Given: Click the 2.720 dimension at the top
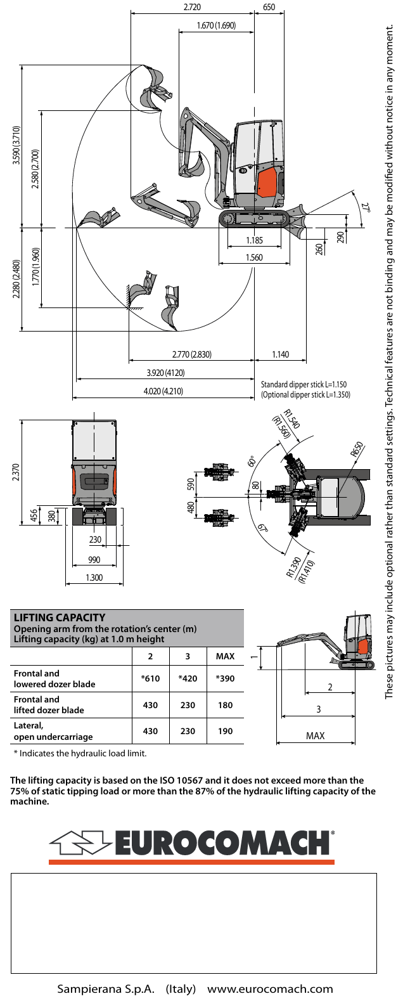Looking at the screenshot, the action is tap(192, 7).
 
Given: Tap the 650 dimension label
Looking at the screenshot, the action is tap(269, 7).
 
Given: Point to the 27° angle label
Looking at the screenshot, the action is tap(366, 207).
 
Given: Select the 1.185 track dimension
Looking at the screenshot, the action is tap(254, 240).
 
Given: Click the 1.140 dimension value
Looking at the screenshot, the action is tap(280, 354).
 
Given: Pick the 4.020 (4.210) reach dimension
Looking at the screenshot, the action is tap(163, 391).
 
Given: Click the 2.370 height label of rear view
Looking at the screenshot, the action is tap(16, 472).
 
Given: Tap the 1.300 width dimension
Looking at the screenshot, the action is tap(94, 578).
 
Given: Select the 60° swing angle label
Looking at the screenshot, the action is tap(252, 462).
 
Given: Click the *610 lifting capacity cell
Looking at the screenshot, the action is tap(150, 678).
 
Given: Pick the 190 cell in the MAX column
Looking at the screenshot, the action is tap(226, 731).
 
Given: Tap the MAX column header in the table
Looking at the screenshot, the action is tap(226, 656).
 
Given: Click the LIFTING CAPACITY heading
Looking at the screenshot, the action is tap(60, 617).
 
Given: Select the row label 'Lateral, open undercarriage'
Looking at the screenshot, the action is tap(53, 731).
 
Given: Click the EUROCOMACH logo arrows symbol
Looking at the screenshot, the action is tap(80, 843).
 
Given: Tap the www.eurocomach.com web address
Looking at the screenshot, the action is tap(271, 988).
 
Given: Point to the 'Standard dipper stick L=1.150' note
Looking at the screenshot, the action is tap(304, 385).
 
